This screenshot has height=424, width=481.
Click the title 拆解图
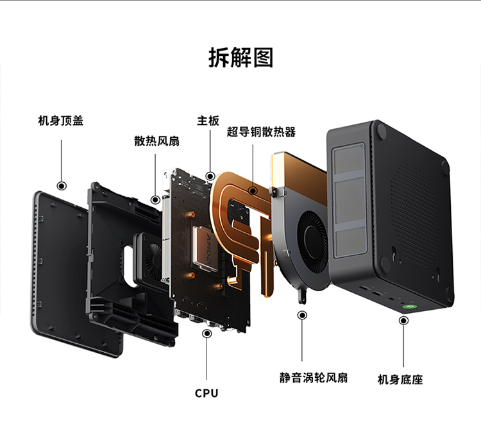coord(240,57)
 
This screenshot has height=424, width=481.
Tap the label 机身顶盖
coord(61,120)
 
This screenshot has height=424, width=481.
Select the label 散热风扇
coord(156,140)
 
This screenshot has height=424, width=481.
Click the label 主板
coord(208,120)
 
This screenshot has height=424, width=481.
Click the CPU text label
coord(207,393)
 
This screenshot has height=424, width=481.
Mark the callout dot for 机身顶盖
coord(62,186)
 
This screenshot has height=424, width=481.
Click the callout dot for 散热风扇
coord(155,199)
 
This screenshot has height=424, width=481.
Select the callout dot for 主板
coord(210,176)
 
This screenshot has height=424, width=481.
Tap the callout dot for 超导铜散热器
coord(253,190)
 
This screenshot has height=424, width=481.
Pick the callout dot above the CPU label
coord(207,334)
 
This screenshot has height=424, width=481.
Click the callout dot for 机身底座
coord(403,320)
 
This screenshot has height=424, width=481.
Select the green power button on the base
coord(407,306)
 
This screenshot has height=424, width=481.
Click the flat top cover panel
coord(58,269)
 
